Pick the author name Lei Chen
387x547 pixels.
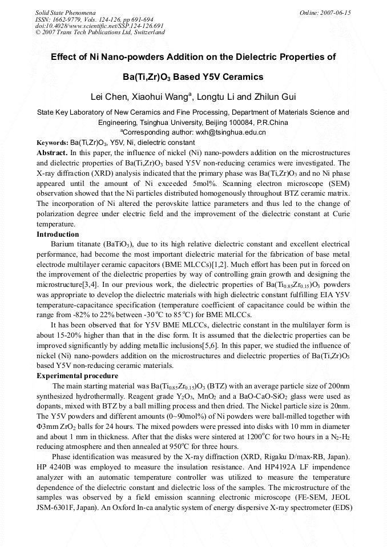111,96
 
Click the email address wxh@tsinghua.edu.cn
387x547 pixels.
223,132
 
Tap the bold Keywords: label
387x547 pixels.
52,142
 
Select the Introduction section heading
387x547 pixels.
58,234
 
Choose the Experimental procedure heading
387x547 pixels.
77,376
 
